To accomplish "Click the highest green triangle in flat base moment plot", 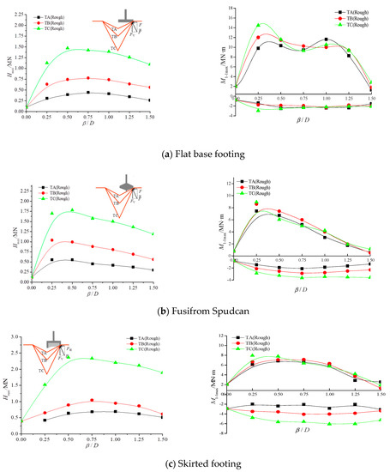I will (259, 25).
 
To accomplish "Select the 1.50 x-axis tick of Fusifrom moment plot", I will (369, 261).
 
